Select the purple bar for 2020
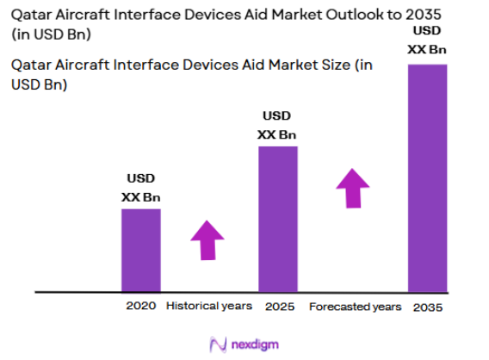click(140, 250)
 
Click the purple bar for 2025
click(278, 219)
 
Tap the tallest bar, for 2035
click(427, 177)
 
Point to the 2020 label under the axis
click(140, 306)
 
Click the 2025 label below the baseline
click(278, 306)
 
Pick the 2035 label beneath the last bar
click(427, 307)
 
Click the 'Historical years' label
click(209, 306)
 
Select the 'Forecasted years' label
click(355, 307)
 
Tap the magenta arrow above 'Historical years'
click(206, 239)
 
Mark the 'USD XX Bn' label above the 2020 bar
click(141, 188)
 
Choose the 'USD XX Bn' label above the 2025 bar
click(277, 125)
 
